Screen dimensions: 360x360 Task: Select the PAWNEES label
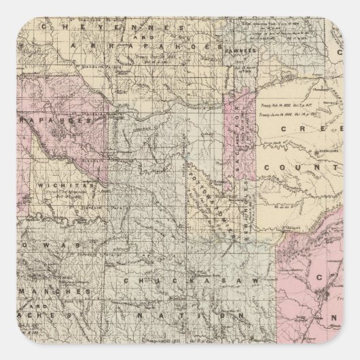[x=242, y=50]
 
